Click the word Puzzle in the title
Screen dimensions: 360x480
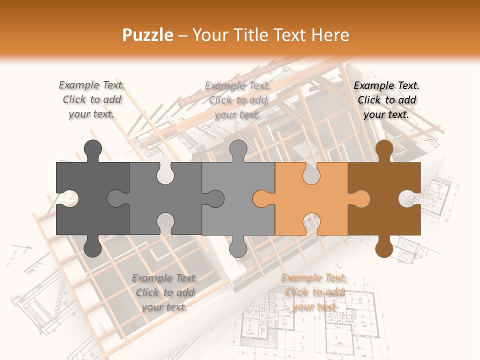148,35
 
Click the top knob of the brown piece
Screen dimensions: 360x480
384,149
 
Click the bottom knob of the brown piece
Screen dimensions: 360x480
384,247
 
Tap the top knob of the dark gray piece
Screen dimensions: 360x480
92,149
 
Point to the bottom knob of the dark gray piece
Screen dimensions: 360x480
92,247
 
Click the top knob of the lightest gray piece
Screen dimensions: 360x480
238,149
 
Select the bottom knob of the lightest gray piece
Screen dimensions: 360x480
238,247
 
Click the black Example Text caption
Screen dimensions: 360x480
386,100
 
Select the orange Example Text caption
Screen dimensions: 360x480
314,292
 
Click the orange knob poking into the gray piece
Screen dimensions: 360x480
262,198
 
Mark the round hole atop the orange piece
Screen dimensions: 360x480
311,171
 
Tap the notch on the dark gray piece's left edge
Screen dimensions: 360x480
67,198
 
